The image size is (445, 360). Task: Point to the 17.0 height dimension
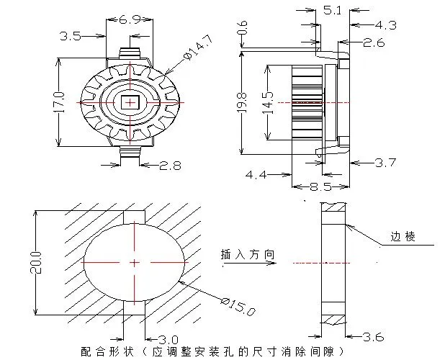click(60, 102)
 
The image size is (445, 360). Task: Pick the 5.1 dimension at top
click(333, 10)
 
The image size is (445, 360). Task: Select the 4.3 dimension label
click(385, 25)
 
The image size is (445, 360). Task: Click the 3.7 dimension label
click(385, 163)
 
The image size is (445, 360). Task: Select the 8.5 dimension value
click(320, 187)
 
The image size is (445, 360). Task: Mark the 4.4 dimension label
click(258, 174)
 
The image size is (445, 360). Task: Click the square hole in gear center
click(130, 102)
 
